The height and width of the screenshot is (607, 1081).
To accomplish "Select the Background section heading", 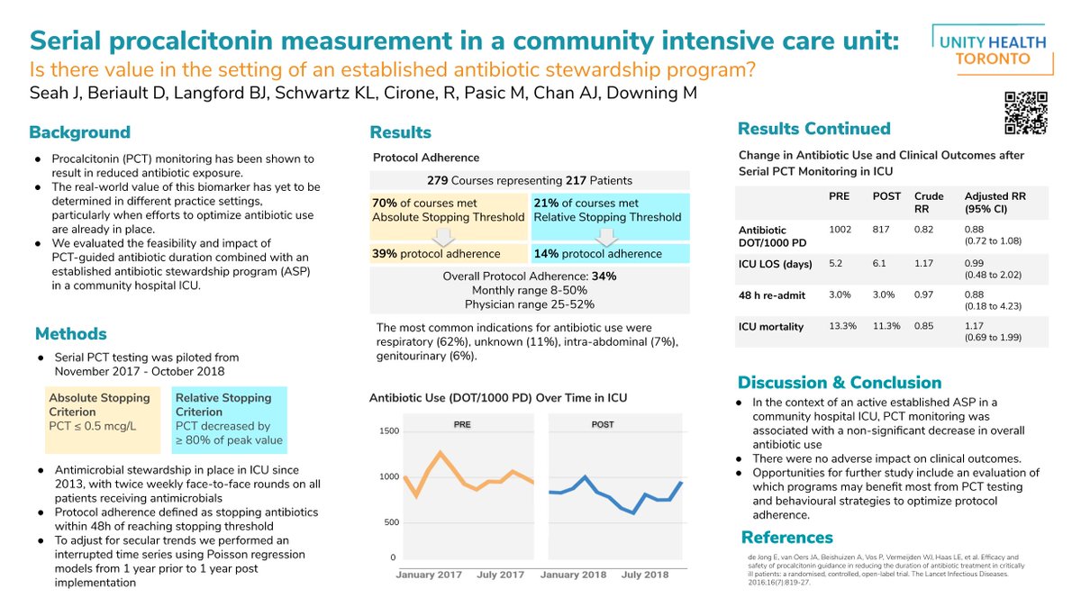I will pyautogui.click(x=79, y=132).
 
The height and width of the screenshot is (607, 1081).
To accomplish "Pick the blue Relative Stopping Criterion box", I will pyautogui.click(x=229, y=419).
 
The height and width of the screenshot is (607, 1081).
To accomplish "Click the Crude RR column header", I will pyautogui.click(x=928, y=201).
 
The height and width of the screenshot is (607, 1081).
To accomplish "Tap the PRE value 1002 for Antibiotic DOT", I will pyautogui.click(x=840, y=231).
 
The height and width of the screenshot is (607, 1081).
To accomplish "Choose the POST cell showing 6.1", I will pyautogui.click(x=881, y=264).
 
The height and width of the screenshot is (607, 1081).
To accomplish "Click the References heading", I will pyautogui.click(x=786, y=538).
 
